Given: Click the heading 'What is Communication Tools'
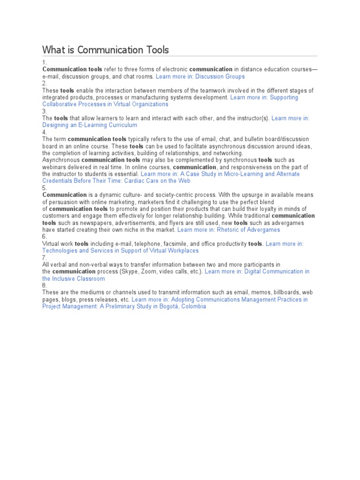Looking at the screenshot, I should tap(105, 50).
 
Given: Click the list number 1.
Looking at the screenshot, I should tap(44, 62).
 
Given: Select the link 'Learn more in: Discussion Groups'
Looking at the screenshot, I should tap(200, 76).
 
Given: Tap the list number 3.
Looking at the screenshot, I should tap(44, 112).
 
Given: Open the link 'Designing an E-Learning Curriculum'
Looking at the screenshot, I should tap(90, 125).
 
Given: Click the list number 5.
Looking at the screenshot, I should tap(45, 188).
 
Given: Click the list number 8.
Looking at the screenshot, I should tap(45, 285).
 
